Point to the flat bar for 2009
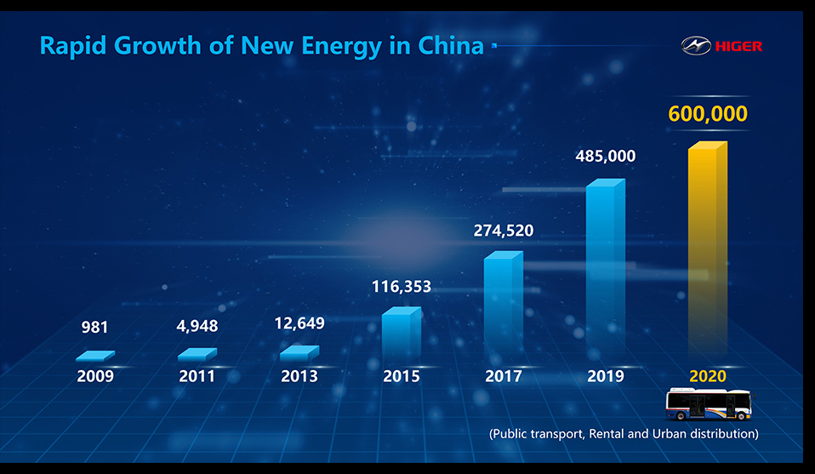click(x=94, y=356)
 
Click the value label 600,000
click(x=708, y=114)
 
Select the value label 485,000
click(x=605, y=157)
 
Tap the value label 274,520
click(x=504, y=230)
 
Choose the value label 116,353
click(x=401, y=287)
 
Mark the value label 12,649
click(x=299, y=323)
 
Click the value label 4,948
click(x=197, y=326)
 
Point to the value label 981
click(x=94, y=327)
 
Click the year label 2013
click(x=299, y=376)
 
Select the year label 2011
click(x=197, y=376)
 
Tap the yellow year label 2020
click(x=708, y=376)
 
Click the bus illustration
click(x=709, y=404)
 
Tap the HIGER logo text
click(x=739, y=46)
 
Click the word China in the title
click(x=450, y=45)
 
